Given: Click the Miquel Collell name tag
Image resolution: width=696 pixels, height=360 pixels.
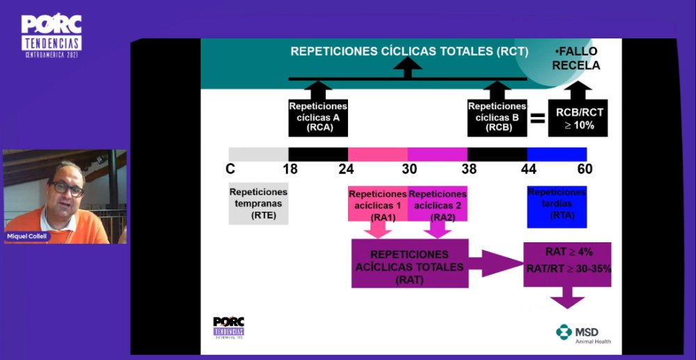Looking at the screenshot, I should (x=29, y=236).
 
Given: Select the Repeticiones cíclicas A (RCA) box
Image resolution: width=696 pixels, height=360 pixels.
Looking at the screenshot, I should (x=318, y=117).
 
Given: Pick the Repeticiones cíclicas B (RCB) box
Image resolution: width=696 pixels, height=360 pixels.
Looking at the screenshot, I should (x=497, y=117).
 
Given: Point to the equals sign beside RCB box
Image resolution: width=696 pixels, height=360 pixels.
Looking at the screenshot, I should (x=537, y=118).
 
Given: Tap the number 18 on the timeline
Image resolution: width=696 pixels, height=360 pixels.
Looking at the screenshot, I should (x=288, y=169).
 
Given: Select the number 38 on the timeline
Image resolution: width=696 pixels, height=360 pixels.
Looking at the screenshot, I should (x=468, y=169).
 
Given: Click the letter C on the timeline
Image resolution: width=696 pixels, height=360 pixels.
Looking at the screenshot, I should (x=230, y=169).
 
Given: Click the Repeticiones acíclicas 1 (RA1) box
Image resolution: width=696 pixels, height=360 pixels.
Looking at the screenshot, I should (x=378, y=205).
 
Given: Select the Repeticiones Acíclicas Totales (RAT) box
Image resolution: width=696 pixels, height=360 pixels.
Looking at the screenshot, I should (x=409, y=263).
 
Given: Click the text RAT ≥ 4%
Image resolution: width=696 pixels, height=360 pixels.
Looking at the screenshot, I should (x=567, y=252).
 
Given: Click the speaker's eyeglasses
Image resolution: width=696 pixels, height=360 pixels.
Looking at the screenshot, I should (x=68, y=187).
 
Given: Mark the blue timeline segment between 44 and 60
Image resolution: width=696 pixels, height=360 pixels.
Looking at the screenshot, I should (x=557, y=154).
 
